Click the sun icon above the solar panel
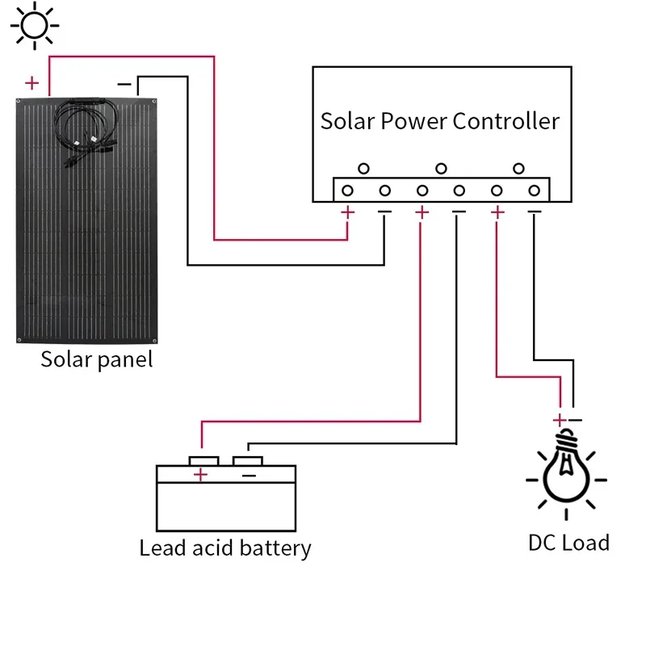[x=34, y=25]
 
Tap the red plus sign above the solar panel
[x=31, y=82]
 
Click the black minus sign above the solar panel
[x=124, y=83]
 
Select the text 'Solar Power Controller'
[x=440, y=121]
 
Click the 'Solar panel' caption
[x=96, y=359]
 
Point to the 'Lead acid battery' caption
[x=225, y=548]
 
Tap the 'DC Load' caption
[x=568, y=542]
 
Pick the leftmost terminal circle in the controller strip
[x=347, y=191]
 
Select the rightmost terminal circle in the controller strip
[x=534, y=191]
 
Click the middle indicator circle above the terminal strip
[x=441, y=169]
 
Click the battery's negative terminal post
[x=247, y=460]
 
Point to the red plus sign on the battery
[x=201, y=476]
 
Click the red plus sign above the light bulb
[x=558, y=420]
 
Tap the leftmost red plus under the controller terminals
[x=348, y=212]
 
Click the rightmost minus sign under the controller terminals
[x=534, y=212]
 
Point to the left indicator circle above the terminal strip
[x=364, y=169]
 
